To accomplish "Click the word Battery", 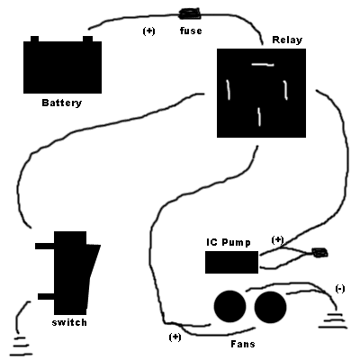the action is pos(62,103).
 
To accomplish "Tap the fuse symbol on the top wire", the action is pos(190,14).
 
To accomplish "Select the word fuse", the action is pos(191,31).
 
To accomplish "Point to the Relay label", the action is pos(287,40).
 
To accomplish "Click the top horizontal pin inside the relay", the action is pos(263,65).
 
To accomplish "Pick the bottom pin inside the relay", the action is pos(259,117).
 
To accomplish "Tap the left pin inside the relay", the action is pos(229,89).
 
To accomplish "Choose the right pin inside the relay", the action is pos(286,90).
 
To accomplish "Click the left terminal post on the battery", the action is pos(35,39).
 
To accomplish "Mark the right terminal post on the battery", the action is pos(87,39).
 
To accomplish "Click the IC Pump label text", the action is pos(229,242).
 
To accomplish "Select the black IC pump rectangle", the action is pos(231,262).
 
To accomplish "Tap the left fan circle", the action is pos(229,307).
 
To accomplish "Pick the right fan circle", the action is pos(270,307).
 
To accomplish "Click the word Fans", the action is pos(243,344).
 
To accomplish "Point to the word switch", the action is pos(69,322).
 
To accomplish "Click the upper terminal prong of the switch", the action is pos(45,246).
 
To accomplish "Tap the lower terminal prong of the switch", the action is pos(46,296).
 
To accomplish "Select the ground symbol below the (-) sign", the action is pos(333,320).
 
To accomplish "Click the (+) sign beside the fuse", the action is pos(148,31).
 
